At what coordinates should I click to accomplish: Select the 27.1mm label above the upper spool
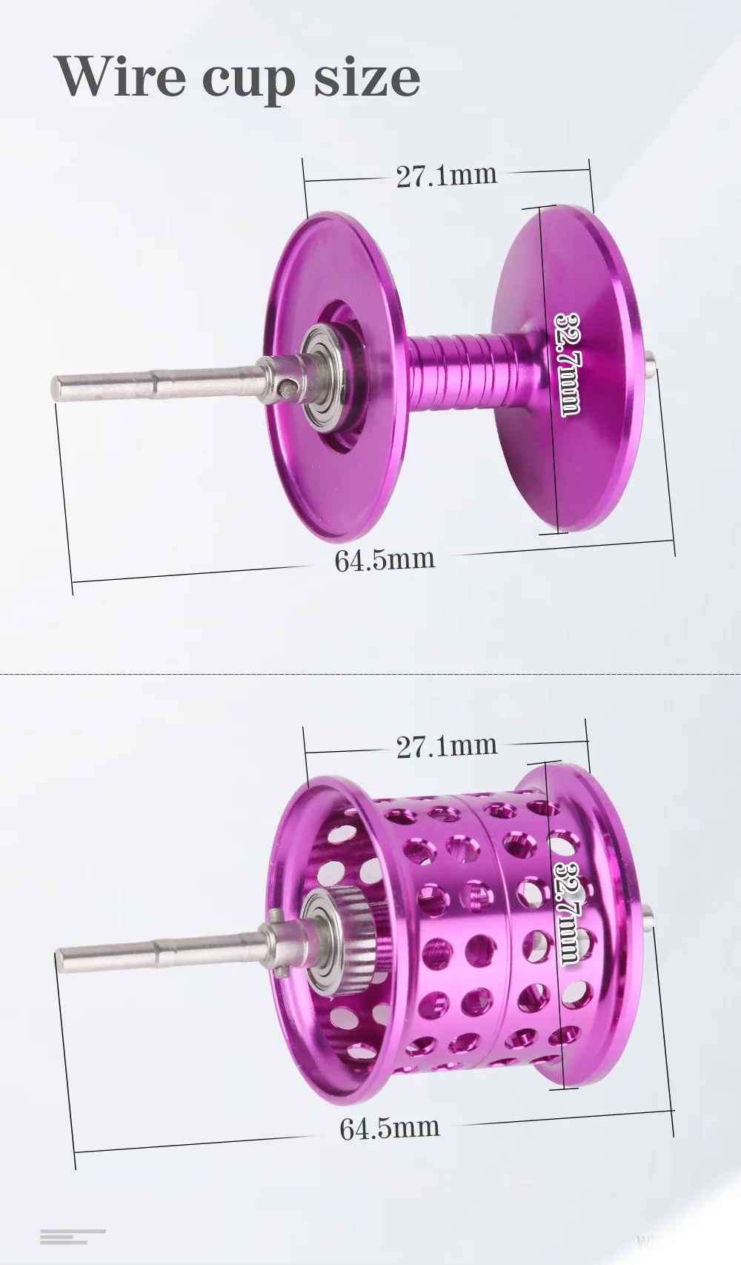coord(446,175)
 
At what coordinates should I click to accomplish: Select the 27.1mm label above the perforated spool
coord(446,745)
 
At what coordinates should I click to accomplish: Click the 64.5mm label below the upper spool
coord(385,559)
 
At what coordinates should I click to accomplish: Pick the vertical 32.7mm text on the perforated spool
coord(566,901)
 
